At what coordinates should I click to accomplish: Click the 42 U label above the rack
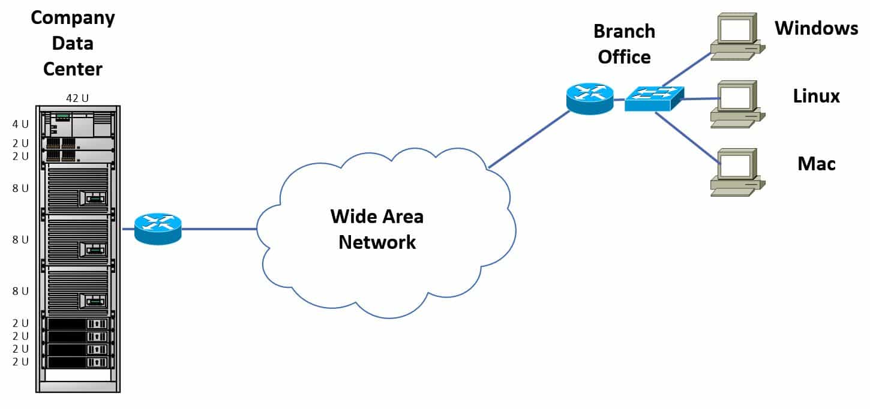(77, 99)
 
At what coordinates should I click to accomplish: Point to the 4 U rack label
(20, 125)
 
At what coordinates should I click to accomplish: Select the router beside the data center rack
(158, 228)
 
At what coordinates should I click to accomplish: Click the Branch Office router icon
(590, 98)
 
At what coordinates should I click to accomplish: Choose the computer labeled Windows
(735, 38)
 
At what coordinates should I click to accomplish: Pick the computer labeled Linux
(735, 104)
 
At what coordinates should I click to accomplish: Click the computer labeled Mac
(735, 172)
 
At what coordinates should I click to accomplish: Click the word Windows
(817, 28)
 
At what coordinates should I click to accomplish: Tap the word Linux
(816, 96)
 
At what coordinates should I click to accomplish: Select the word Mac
(817, 163)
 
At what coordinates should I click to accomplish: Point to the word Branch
(624, 31)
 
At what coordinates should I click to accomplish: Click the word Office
(624, 57)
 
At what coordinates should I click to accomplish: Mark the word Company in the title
(73, 17)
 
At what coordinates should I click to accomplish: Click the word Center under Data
(73, 69)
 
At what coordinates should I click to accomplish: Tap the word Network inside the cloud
(377, 242)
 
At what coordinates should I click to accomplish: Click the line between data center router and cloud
(219, 229)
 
